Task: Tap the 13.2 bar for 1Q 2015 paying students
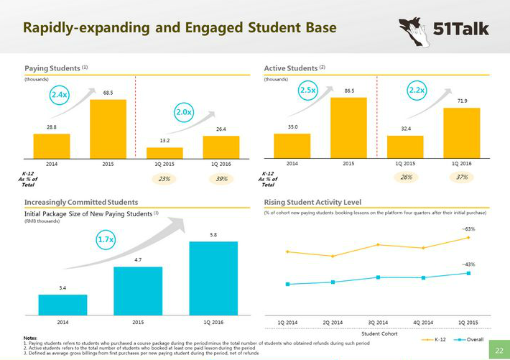click(164, 152)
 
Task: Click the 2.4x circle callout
click(58, 95)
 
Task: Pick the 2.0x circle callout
click(184, 112)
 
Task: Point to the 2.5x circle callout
click(308, 91)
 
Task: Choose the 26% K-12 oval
click(407, 177)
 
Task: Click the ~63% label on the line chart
click(468, 229)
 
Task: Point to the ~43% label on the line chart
click(468, 264)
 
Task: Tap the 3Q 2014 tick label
click(379, 323)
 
